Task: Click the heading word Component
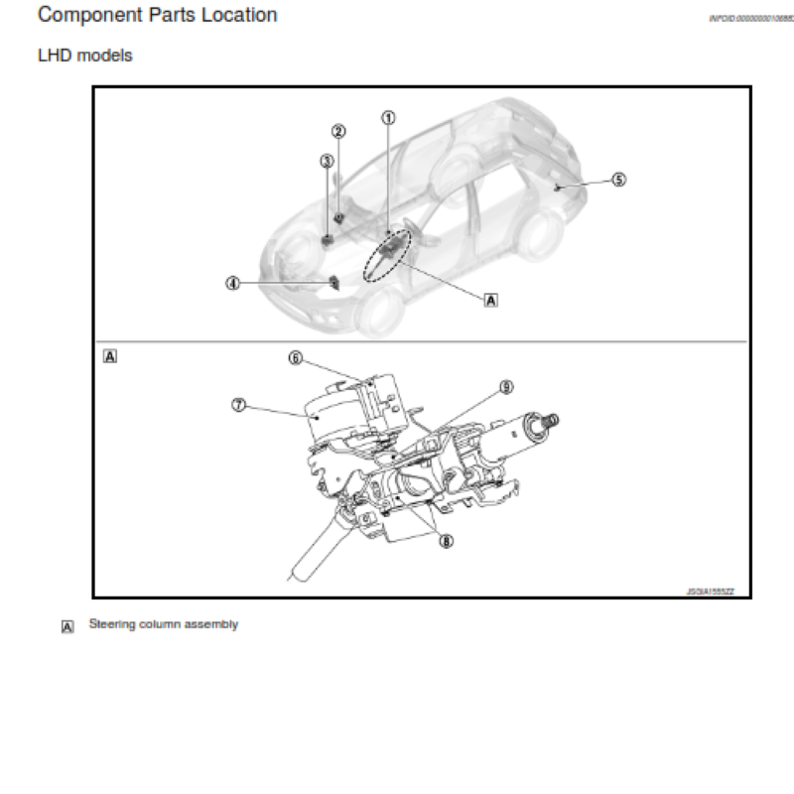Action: click(84, 16)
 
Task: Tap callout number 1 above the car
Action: click(389, 116)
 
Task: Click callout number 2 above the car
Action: click(338, 131)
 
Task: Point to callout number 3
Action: click(327, 161)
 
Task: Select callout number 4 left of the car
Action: click(232, 283)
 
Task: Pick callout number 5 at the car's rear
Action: click(618, 180)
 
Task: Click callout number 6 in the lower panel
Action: click(295, 358)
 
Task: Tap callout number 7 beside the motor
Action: click(238, 405)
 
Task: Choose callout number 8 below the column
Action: click(446, 542)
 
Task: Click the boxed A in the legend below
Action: click(67, 626)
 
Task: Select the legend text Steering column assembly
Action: click(164, 624)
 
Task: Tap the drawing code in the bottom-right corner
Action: click(710, 591)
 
